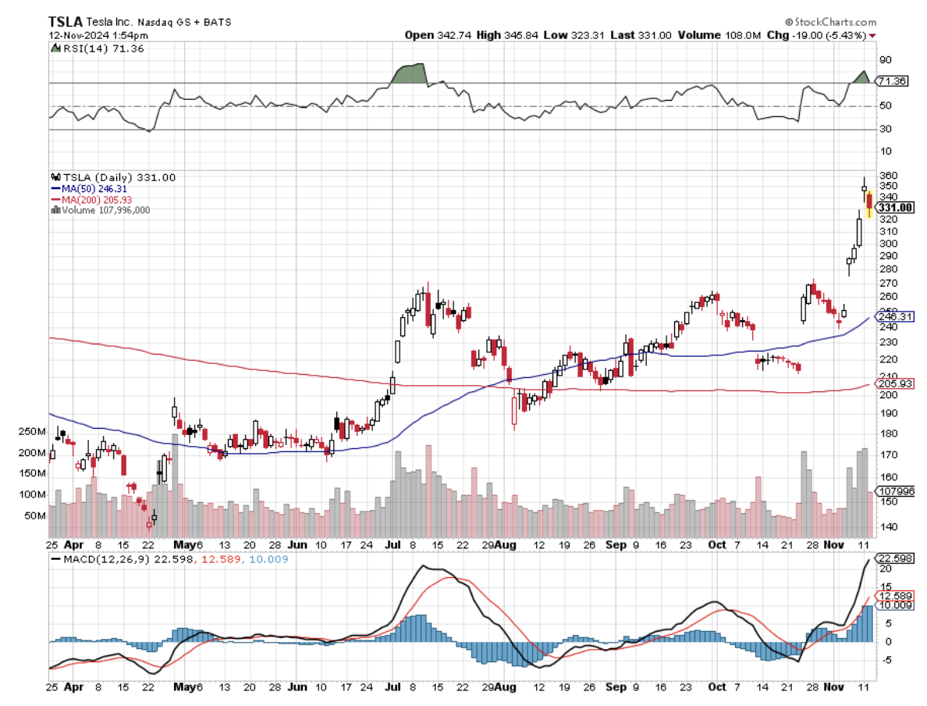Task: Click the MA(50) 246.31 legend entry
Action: coord(86,189)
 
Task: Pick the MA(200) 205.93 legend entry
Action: coord(88,199)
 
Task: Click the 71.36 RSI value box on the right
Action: coord(892,81)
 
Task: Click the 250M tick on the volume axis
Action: coord(30,432)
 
